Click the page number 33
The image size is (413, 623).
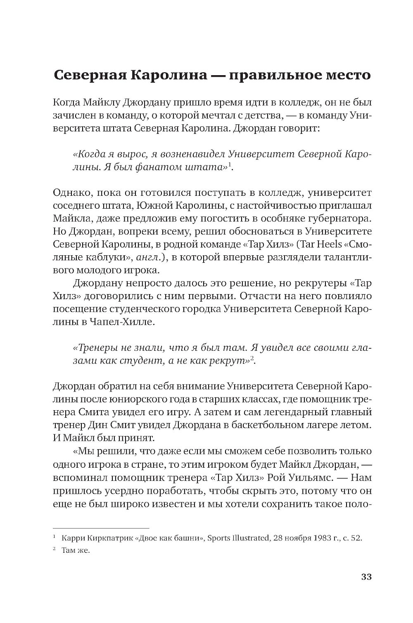click(x=366, y=577)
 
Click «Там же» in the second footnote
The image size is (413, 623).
click(x=75, y=551)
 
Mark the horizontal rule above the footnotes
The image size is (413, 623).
click(x=101, y=528)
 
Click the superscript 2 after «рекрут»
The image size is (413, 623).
click(x=252, y=358)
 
